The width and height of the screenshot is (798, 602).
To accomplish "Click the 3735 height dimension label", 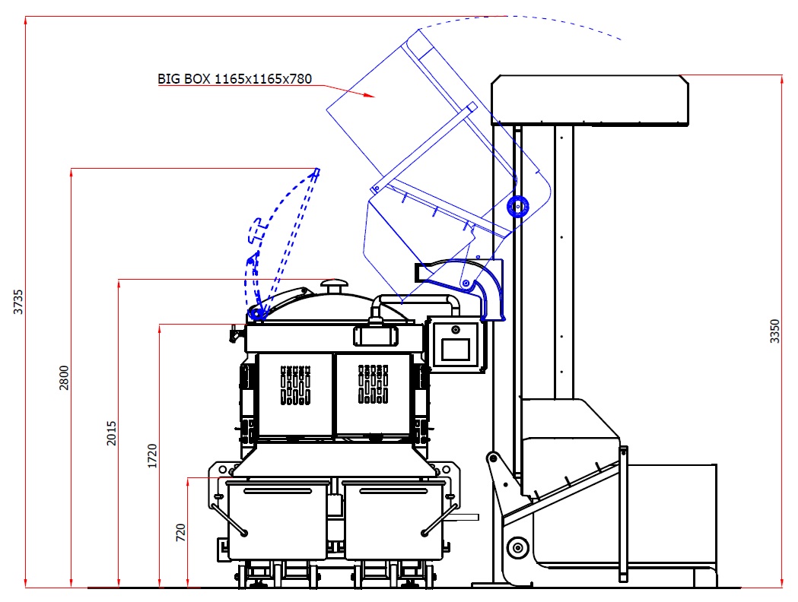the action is (x=18, y=302).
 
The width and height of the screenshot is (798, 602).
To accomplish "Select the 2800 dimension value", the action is (x=64, y=378).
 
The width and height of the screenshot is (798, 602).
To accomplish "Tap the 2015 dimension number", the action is (x=112, y=433).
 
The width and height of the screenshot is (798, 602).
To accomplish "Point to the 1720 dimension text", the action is (x=152, y=456).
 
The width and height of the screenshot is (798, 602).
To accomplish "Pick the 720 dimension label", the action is (x=180, y=532).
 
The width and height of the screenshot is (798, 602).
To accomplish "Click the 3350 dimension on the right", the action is (x=774, y=331).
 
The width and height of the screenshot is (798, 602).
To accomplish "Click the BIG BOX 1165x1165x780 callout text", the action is (x=234, y=79).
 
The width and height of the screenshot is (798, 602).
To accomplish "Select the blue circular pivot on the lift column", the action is (x=517, y=207).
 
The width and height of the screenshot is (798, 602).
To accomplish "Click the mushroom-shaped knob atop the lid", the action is (x=335, y=285).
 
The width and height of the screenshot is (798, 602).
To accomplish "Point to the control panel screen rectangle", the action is (x=456, y=350).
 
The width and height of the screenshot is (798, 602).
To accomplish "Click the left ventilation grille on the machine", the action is (x=296, y=385).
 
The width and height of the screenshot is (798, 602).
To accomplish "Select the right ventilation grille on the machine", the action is (x=373, y=384).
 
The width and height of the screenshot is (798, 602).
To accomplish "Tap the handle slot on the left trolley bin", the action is (x=278, y=491).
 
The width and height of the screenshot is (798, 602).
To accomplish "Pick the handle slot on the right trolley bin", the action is (x=394, y=491).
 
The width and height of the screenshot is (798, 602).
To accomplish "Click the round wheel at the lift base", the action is (x=517, y=547).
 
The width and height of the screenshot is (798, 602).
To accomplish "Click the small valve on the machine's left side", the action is (x=235, y=334).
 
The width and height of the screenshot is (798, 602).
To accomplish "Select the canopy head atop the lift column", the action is (x=590, y=100).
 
